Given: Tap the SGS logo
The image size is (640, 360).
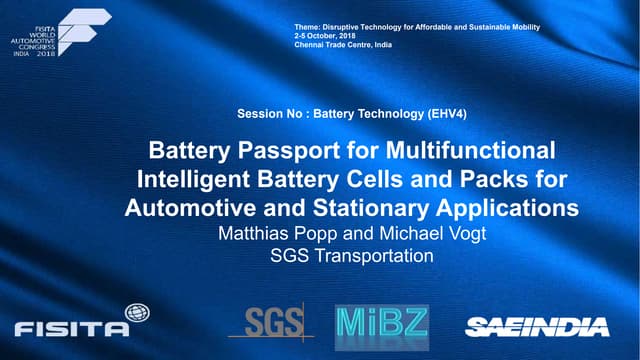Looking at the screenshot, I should (269, 322).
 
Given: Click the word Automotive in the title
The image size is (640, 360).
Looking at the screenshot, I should (188, 209).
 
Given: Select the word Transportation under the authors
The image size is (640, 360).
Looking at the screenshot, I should (376, 256).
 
